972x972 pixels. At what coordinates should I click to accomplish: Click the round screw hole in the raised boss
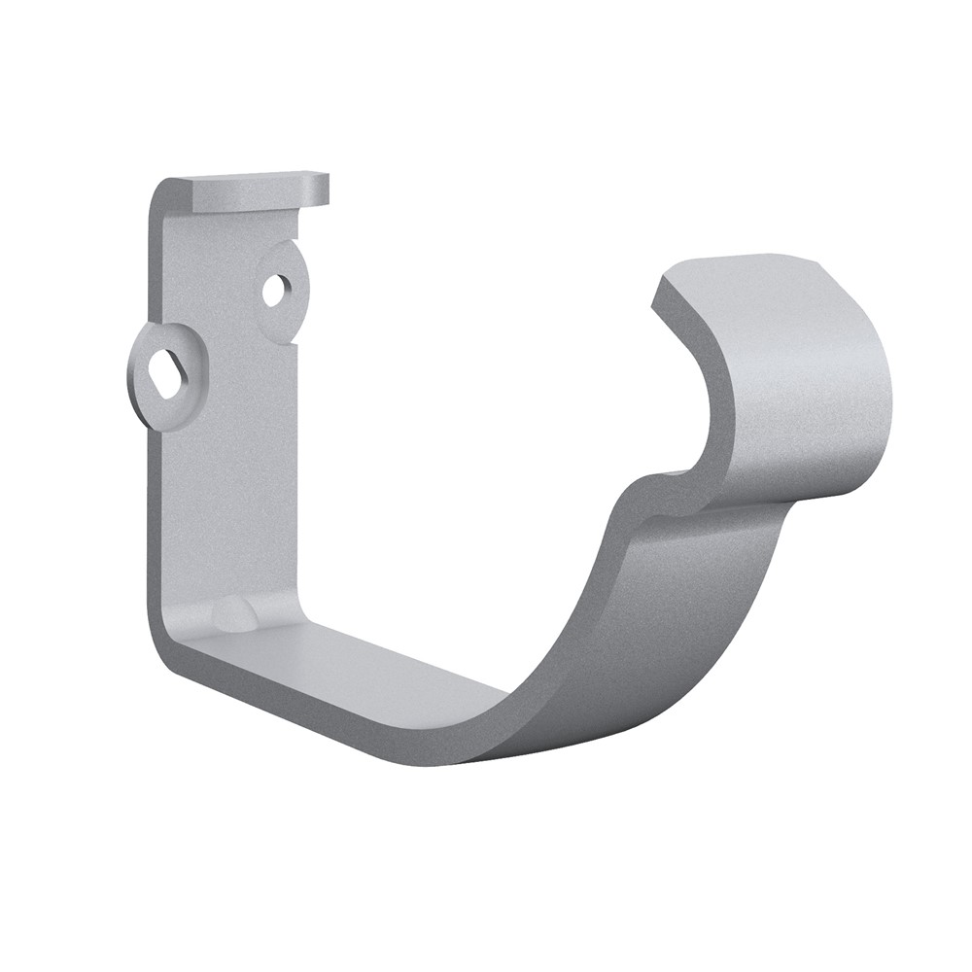(277, 288)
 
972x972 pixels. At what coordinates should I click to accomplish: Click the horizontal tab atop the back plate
(258, 191)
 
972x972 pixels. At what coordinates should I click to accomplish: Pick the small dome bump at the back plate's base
(233, 614)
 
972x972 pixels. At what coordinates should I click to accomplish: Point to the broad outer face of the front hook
(816, 389)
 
